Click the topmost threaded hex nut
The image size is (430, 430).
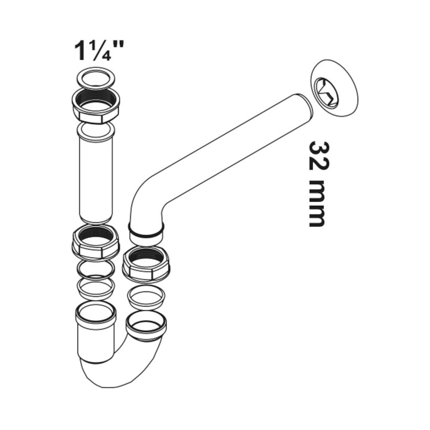95,106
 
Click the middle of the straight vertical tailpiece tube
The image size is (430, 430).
95,176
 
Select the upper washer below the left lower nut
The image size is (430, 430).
95,269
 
